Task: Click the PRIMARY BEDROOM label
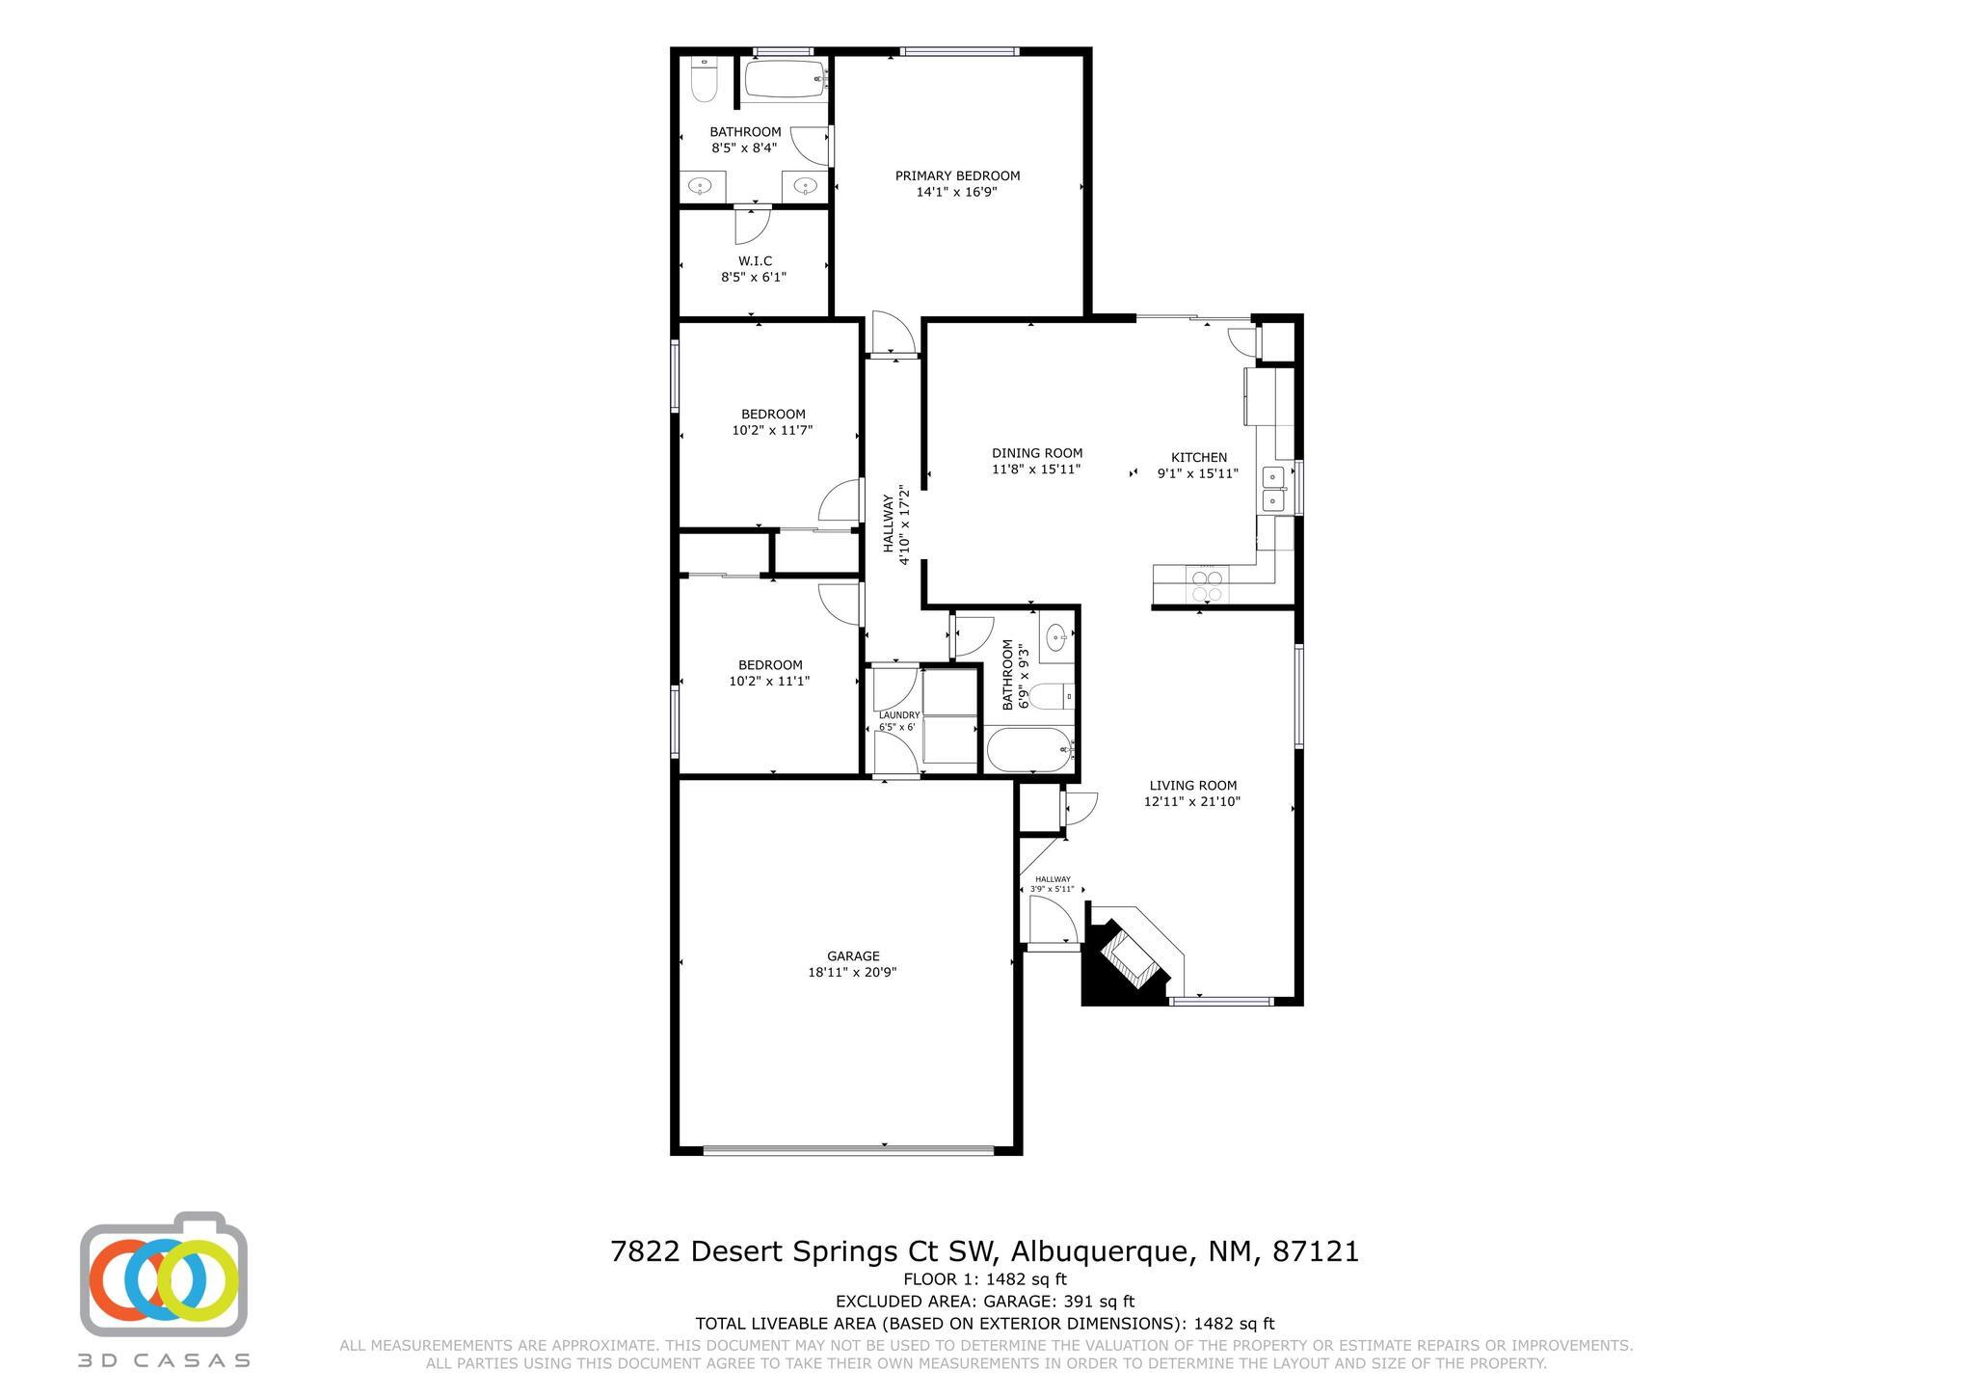[x=957, y=175]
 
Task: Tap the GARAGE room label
[x=853, y=956]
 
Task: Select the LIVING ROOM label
[x=1192, y=785]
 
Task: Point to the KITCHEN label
[x=1199, y=457]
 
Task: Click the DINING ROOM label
[x=1037, y=453]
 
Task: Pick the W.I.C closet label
[x=755, y=261]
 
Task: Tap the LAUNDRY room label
[x=898, y=715]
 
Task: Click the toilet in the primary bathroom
[x=705, y=80]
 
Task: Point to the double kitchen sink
[x=1274, y=489]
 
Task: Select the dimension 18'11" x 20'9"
[x=852, y=973]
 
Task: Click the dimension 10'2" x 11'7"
[x=772, y=430]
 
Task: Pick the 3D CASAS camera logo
[x=164, y=1274]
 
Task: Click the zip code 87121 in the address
[x=1316, y=1251]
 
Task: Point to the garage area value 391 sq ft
[x=1099, y=1302]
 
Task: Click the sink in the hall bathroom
[x=1057, y=636]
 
